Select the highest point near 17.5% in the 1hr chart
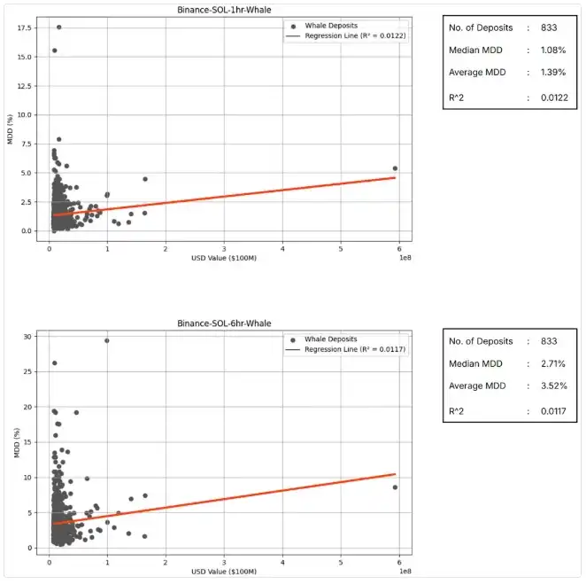59,27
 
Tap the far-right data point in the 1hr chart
395,168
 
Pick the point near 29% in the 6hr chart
107,340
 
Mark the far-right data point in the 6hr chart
395,487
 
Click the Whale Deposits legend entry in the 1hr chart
328,26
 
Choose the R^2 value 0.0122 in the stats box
543,97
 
